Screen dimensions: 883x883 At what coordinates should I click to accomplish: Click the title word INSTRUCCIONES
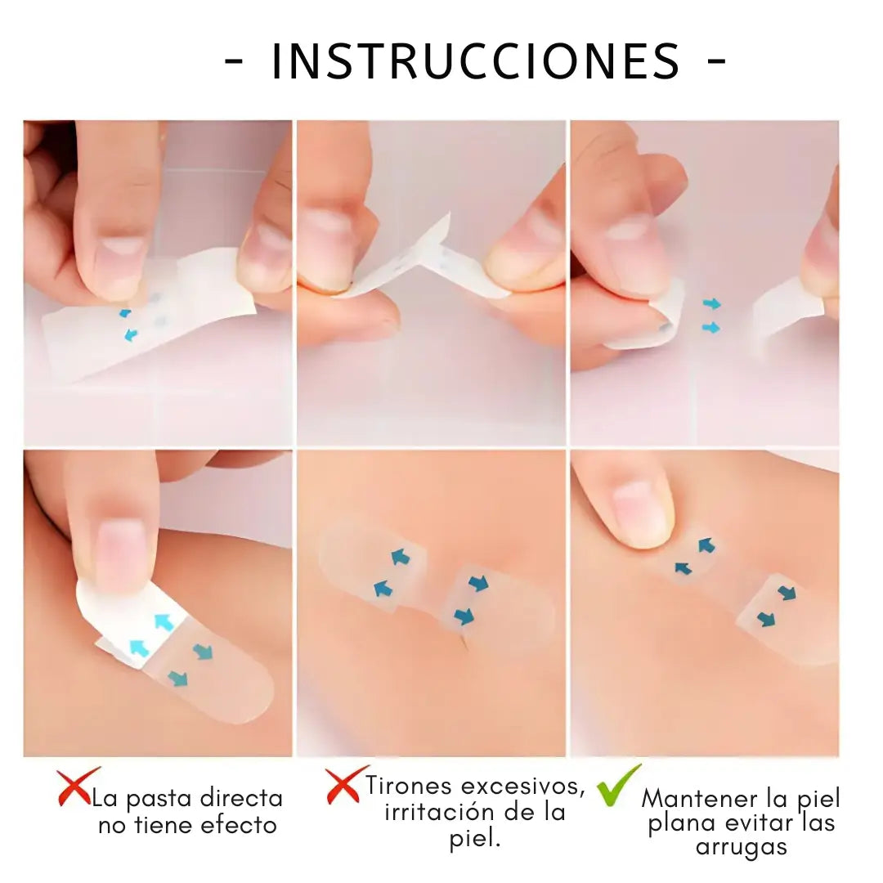[x=475, y=61]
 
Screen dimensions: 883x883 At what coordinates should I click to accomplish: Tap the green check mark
[x=619, y=786]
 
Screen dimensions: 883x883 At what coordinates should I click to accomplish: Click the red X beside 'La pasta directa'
[x=77, y=787]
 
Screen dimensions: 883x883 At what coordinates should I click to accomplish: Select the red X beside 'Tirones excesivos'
[x=343, y=786]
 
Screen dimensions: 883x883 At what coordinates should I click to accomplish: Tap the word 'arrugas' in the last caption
[x=742, y=847]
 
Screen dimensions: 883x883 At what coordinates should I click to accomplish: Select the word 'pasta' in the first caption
[x=160, y=799]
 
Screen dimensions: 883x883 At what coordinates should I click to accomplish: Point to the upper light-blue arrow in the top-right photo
[x=711, y=304]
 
